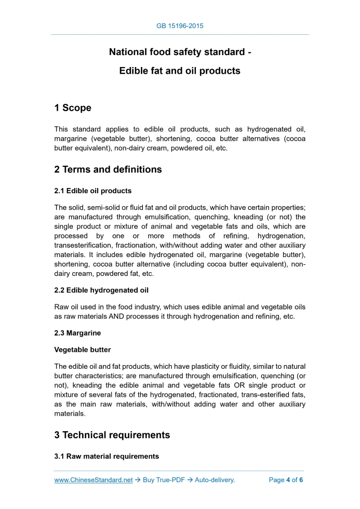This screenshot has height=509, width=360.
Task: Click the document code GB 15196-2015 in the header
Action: click(x=180, y=25)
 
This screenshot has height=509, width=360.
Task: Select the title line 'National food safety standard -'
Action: click(x=180, y=52)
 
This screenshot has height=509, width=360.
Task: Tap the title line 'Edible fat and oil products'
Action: click(x=180, y=71)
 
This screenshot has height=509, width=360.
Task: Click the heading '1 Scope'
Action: click(x=73, y=108)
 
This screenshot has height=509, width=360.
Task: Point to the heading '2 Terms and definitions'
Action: click(x=108, y=169)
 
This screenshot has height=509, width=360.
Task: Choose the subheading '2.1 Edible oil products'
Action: click(x=93, y=191)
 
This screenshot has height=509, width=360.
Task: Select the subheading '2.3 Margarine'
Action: click(x=77, y=333)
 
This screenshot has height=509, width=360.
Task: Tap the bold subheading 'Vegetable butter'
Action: click(x=83, y=350)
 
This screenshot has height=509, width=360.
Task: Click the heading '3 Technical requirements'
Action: click(x=112, y=435)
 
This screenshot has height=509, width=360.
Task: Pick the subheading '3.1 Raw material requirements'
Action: click(x=106, y=456)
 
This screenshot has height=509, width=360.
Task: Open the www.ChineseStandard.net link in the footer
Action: click(x=94, y=480)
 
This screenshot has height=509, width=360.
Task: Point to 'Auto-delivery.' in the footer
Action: click(x=215, y=480)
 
